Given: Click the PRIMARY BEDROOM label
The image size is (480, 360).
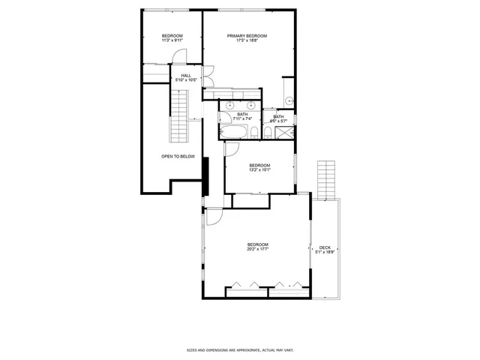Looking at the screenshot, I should point(247,36).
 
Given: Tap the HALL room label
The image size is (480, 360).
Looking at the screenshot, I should point(185,75).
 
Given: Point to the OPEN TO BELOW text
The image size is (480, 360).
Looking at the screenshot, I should point(178,156).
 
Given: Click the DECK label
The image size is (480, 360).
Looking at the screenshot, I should point(324,247).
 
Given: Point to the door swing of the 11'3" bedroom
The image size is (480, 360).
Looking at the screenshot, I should point(178,55).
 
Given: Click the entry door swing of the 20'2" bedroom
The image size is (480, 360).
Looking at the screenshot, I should point(214,216).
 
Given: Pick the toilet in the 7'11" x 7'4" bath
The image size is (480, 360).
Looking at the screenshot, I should point(254,133).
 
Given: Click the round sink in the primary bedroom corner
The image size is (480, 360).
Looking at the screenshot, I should point(288,100).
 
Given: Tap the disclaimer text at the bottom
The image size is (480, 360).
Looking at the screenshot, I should point(239,349).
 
